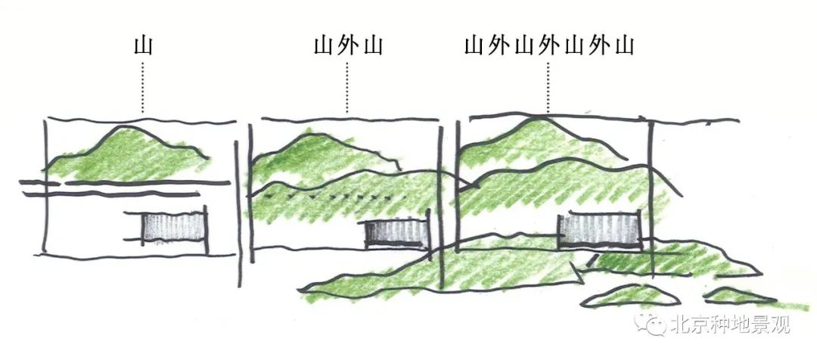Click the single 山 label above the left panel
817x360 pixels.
pos(142,46)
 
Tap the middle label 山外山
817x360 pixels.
pos(347,46)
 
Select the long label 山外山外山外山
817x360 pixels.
pos(549,46)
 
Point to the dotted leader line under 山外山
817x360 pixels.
pos(347,87)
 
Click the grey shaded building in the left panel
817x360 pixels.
pos(174,228)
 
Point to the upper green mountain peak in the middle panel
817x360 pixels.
pos(310,147)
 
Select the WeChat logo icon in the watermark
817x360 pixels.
pos(652,326)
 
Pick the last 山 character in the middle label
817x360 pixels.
pos(371,46)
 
